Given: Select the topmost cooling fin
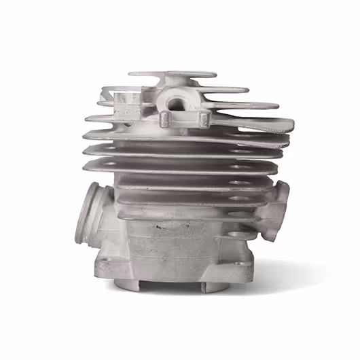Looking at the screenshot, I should pos(173,73).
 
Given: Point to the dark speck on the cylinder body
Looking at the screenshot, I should pos(158,226).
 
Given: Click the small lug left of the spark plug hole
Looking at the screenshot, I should pos(165,120).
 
